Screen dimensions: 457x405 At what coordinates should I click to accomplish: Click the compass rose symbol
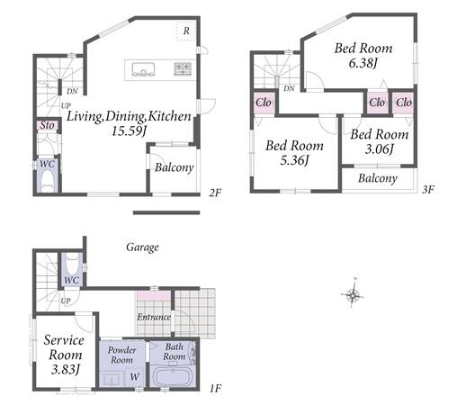tap(354, 294)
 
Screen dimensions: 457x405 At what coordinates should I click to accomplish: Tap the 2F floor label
tap(215, 193)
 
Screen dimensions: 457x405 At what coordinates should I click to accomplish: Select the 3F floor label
tap(428, 190)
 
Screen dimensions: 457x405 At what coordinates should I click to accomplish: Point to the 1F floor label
tap(215, 389)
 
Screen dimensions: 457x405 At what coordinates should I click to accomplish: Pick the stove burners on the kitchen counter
tap(183, 68)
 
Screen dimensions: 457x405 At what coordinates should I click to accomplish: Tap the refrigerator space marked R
tap(186, 31)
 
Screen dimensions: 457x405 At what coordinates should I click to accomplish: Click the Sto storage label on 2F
tap(48, 125)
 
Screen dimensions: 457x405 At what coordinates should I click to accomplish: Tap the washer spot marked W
tap(135, 377)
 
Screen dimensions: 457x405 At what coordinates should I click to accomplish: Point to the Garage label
tap(142, 247)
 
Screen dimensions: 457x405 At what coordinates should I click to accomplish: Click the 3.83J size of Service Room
tap(65, 369)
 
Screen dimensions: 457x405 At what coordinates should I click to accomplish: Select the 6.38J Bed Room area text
tap(363, 63)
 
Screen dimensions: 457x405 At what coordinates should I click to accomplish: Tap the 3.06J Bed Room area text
tap(379, 149)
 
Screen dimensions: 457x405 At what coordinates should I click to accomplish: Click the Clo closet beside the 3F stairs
tap(264, 103)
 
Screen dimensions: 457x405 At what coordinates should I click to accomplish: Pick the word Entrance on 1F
tap(154, 317)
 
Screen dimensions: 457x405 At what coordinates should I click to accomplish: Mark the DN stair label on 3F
tap(289, 88)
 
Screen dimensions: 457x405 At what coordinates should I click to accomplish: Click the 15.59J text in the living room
tap(129, 130)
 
